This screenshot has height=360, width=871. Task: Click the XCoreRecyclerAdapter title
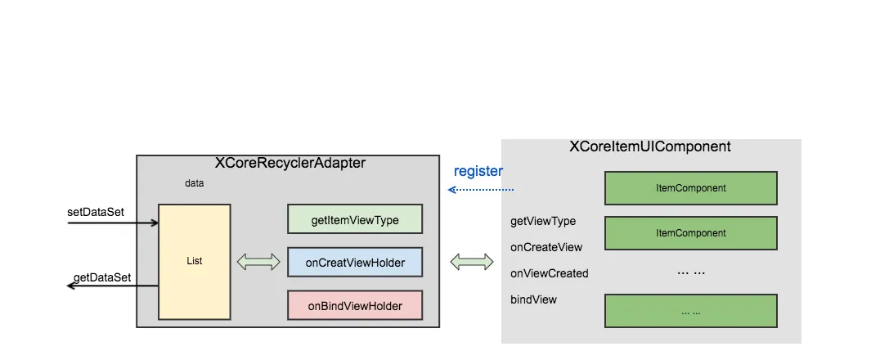pyautogui.click(x=290, y=163)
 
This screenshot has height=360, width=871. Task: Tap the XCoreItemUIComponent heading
pyautogui.click(x=649, y=147)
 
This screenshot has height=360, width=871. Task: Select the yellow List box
pyautogui.click(x=195, y=261)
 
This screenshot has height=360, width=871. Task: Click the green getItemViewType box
pyautogui.click(x=355, y=219)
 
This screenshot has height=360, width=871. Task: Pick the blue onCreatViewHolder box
pyautogui.click(x=355, y=263)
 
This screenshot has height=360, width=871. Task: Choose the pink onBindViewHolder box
pyautogui.click(x=355, y=306)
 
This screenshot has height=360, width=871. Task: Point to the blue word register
pyautogui.click(x=478, y=171)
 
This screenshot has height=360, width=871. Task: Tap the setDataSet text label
pyautogui.click(x=96, y=212)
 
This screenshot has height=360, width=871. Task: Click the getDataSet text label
pyautogui.click(x=102, y=278)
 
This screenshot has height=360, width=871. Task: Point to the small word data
pyautogui.click(x=195, y=183)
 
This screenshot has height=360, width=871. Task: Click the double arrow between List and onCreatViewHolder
pyautogui.click(x=258, y=263)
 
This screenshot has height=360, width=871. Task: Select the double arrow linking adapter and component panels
pyautogui.click(x=472, y=262)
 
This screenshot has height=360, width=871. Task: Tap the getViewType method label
pyautogui.click(x=543, y=221)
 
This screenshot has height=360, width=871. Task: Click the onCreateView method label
pyautogui.click(x=546, y=247)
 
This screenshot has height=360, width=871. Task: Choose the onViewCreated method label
pyautogui.click(x=549, y=273)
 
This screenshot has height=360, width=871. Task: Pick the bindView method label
pyautogui.click(x=533, y=299)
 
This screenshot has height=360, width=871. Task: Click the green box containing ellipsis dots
pyautogui.click(x=690, y=311)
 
